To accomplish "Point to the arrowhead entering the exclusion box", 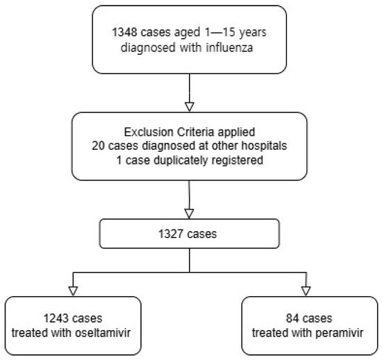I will click(x=190, y=107).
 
